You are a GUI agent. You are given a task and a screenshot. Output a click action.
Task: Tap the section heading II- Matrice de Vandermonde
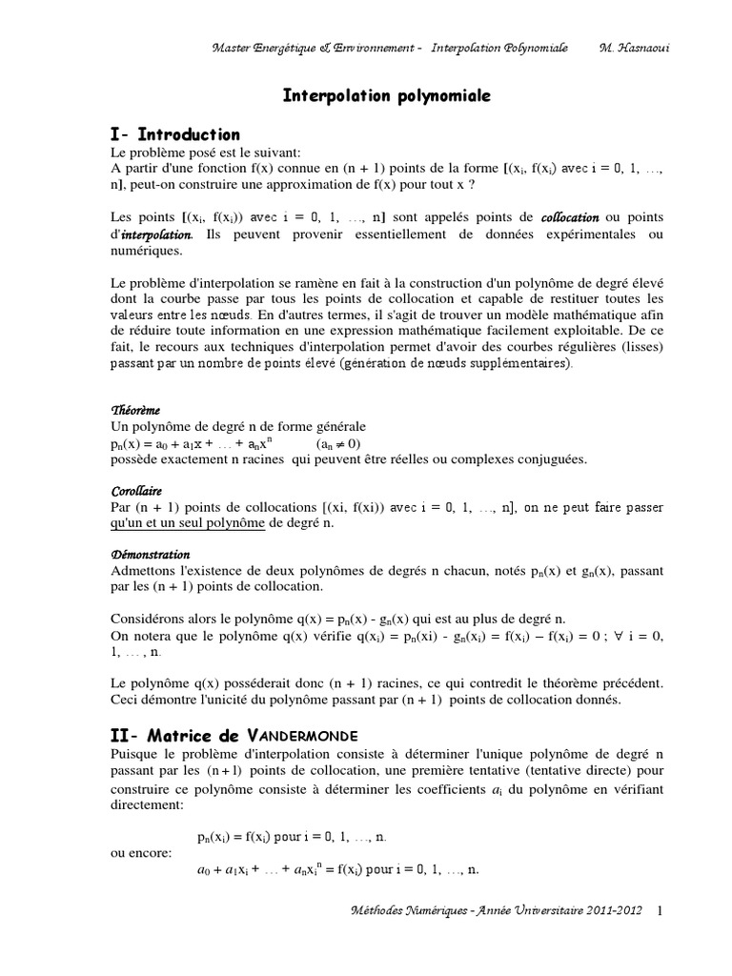(234, 735)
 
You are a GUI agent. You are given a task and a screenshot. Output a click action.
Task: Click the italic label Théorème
(135, 411)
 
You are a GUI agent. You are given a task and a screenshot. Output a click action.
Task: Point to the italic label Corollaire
(136, 491)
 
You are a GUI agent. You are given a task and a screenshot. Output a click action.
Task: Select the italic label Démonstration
(151, 554)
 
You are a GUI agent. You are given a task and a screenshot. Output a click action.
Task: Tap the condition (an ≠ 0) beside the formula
(338, 443)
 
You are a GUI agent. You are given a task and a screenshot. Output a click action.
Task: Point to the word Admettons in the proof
(145, 570)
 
